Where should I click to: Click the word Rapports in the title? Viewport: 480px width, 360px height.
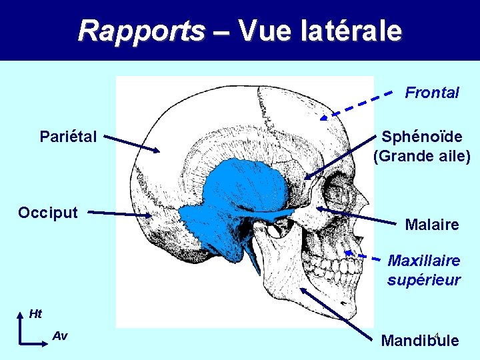(141, 30)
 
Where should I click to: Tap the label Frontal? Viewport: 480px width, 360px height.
(432, 93)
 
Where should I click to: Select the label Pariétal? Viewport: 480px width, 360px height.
(68, 137)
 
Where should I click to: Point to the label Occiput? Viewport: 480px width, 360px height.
(48, 213)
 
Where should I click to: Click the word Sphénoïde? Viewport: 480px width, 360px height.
(422, 137)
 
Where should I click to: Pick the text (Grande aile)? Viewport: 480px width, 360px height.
(422, 157)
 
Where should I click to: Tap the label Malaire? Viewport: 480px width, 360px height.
(432, 225)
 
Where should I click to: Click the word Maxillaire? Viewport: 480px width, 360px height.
(424, 260)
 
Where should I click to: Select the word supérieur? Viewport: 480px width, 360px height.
(424, 280)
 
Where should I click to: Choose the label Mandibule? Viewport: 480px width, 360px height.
(420, 341)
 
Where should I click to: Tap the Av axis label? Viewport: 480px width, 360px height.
(59, 336)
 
